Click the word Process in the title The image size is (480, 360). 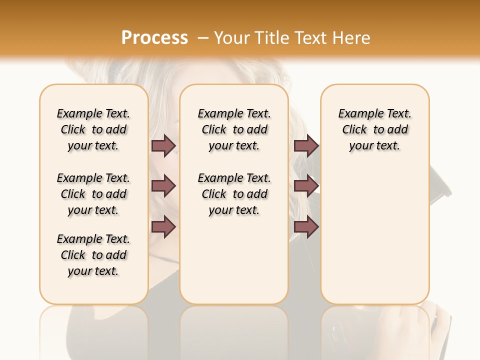[x=154, y=38]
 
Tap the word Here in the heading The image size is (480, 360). [x=352, y=38]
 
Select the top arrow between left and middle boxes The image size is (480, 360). [x=164, y=146]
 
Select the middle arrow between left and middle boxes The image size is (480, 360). [x=164, y=186]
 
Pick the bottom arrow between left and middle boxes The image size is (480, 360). [x=164, y=227]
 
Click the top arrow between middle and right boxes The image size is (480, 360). [x=306, y=146]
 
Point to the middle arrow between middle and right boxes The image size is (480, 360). [x=306, y=186]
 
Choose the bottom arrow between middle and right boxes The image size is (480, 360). [x=306, y=227]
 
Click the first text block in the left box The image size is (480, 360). [x=93, y=129]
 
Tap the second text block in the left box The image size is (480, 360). [x=93, y=194]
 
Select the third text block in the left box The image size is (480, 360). [x=93, y=255]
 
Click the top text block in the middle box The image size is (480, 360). [x=234, y=129]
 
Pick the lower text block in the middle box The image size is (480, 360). [x=234, y=194]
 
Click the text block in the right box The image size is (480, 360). [x=374, y=129]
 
